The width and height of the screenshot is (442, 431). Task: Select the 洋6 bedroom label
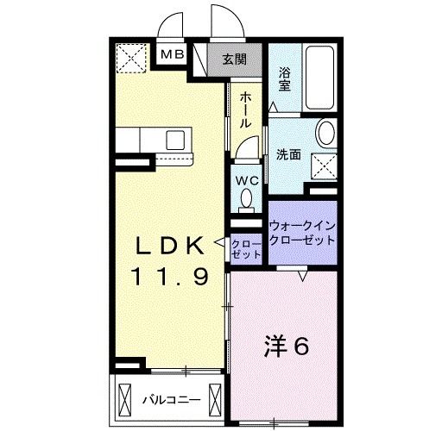point(285,347)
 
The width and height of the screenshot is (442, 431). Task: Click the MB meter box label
point(174,56)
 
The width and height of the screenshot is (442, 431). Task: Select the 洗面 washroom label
point(287,155)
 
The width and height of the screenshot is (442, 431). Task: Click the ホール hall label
point(246,109)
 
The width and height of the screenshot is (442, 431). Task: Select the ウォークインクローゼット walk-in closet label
point(300,233)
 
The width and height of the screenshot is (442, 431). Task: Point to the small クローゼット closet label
point(246,249)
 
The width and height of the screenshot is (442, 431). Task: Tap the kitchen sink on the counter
point(174,140)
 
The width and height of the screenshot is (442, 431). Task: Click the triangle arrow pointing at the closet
point(222,241)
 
